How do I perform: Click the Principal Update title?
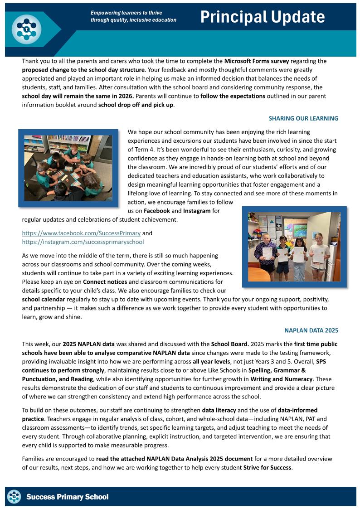click(263, 17)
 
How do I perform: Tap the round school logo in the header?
click(26, 29)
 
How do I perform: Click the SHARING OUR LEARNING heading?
click(303, 118)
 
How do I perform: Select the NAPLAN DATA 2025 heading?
click(311, 330)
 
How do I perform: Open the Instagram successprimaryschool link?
click(83, 242)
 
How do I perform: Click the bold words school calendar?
click(44, 300)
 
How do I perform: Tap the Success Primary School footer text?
click(68, 497)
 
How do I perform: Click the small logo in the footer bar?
click(15, 497)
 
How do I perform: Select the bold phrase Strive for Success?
click(267, 467)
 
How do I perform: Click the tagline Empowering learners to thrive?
click(126, 13)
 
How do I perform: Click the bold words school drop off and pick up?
click(136, 105)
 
